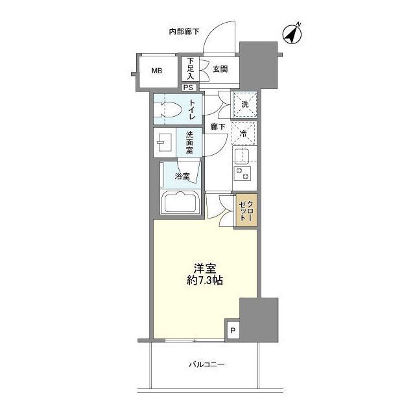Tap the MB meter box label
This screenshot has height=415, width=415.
[x=157, y=71]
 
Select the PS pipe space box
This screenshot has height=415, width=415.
[x=189, y=88]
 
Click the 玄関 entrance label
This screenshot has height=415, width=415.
[x=220, y=69]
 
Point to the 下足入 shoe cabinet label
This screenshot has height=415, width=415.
[x=191, y=69]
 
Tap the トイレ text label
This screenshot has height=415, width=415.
[x=192, y=110]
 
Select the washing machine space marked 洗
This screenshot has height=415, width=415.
[x=244, y=104]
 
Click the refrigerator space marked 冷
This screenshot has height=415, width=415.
[x=243, y=134]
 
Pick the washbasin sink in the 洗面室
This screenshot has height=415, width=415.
[x=164, y=143]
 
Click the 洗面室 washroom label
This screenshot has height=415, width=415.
[x=189, y=143]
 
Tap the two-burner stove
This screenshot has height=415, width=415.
[x=242, y=173]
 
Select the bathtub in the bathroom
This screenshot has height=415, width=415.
[x=180, y=202]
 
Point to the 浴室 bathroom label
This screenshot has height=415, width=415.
[x=182, y=176]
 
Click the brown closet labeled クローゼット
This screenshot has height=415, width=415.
[x=246, y=210]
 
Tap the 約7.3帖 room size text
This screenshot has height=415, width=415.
[x=205, y=281]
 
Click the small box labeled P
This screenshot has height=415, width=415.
[x=233, y=330]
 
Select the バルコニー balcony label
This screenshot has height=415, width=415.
[x=207, y=364]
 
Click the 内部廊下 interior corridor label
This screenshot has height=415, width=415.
[x=184, y=32]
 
